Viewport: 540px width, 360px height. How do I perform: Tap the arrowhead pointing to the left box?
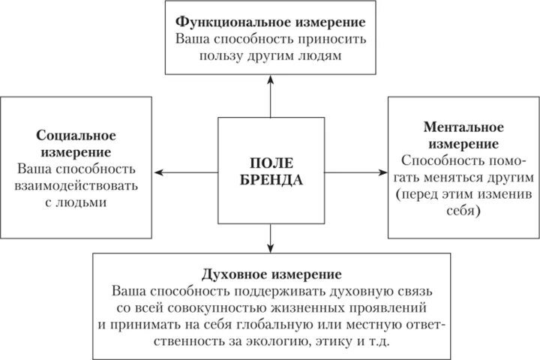pos(157,173)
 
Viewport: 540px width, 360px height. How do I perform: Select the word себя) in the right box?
pos(464,211)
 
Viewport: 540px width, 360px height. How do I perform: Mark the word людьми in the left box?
pos(82,202)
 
